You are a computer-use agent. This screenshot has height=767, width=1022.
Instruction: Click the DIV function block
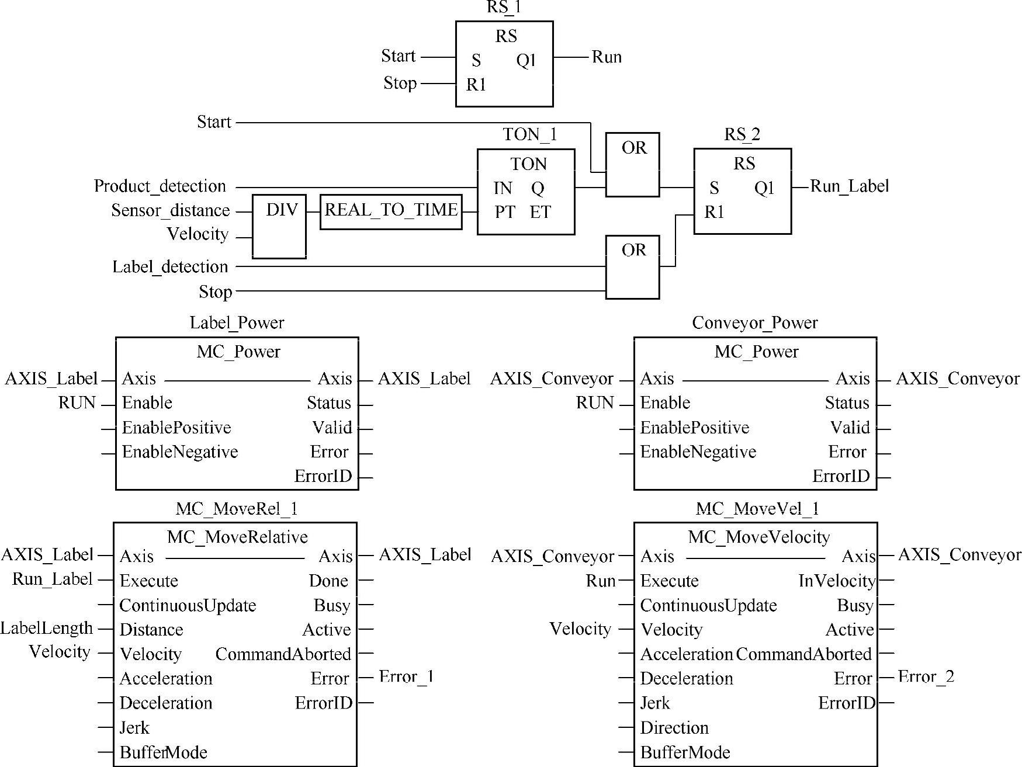tap(279, 227)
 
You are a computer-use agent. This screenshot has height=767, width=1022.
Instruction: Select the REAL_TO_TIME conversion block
tap(391, 211)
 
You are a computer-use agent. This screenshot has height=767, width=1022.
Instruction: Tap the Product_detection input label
tap(160, 186)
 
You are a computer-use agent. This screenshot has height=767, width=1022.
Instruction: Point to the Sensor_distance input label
tap(171, 210)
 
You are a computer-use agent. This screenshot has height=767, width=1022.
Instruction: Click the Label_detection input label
tap(170, 267)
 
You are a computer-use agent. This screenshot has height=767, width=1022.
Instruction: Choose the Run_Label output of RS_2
tap(849, 186)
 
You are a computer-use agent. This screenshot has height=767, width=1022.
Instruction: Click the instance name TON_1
tap(530, 135)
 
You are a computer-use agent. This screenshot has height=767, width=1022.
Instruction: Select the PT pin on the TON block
tap(505, 212)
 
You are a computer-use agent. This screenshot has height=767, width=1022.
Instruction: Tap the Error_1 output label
tap(406, 677)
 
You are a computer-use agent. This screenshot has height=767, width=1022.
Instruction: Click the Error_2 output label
tap(926, 677)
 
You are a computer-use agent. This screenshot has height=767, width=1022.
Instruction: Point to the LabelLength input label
tap(47, 629)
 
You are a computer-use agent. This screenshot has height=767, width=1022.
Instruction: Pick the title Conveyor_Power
tap(755, 323)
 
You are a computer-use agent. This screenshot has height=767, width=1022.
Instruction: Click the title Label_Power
tap(237, 323)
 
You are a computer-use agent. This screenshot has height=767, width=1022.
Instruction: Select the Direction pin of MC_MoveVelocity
tap(674, 728)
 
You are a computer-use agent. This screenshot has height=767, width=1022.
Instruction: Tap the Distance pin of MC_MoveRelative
tap(151, 630)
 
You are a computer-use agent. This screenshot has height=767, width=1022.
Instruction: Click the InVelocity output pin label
tap(837, 581)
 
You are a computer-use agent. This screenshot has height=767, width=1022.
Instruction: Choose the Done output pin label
tap(328, 581)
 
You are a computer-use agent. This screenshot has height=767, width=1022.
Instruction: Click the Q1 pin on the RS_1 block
tap(526, 61)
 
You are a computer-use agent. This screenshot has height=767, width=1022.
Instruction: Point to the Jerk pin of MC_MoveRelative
tap(134, 728)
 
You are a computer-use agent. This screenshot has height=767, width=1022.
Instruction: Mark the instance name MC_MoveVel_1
tap(757, 509)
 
